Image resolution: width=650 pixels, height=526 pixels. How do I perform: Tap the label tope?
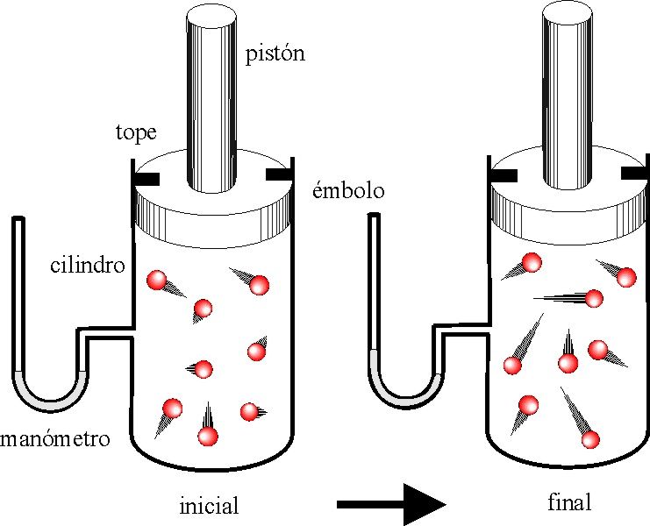tap(135, 133)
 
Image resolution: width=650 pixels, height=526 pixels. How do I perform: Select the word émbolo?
tap(348, 192)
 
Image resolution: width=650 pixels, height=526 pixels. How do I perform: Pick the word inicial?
tap(208, 506)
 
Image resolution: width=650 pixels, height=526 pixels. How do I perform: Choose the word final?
tap(568, 503)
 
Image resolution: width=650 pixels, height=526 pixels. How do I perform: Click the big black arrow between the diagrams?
tap(391, 503)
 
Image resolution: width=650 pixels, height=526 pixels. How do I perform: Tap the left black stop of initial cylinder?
tap(146, 179)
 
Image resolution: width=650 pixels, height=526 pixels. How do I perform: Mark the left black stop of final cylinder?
tap(504, 175)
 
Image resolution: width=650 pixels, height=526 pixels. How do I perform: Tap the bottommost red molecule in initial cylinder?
tap(207, 435)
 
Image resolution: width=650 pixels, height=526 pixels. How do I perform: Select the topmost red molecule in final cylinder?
tap(532, 260)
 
